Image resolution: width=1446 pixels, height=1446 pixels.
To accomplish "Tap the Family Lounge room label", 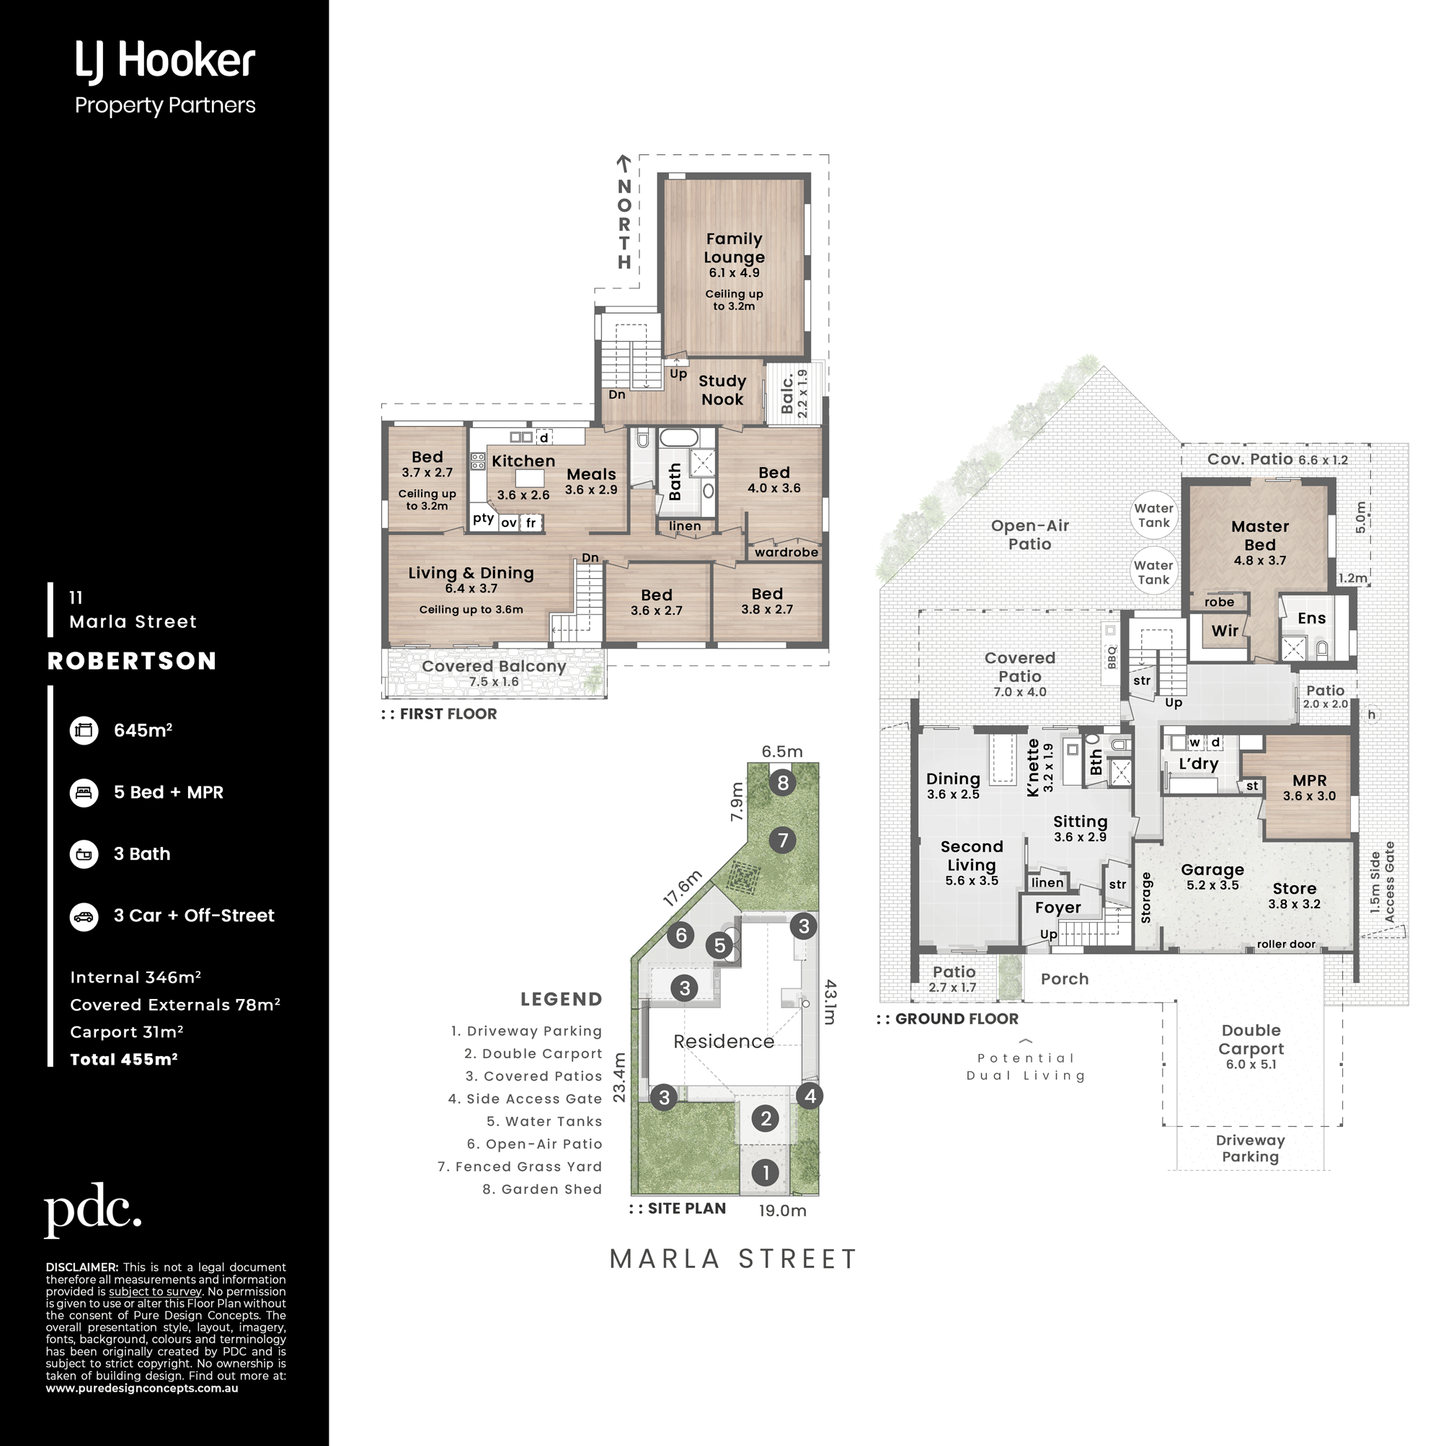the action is (734, 248).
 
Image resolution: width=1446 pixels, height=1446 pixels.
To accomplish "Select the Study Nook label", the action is (722, 390).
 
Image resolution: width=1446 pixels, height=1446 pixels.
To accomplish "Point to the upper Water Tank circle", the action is (1153, 515).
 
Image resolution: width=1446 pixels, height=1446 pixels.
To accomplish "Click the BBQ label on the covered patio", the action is (1112, 657).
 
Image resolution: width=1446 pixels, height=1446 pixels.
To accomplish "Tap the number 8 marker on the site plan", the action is (783, 783).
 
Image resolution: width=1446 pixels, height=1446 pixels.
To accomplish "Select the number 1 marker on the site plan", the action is (765, 1173).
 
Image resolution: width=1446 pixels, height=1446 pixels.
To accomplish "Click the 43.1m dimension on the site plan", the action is (829, 1002).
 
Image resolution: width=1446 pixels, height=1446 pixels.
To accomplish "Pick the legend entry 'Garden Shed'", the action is (542, 1189).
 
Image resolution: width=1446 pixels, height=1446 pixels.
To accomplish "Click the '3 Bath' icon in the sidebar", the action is (84, 854).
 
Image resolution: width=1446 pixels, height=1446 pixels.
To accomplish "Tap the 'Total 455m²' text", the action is (123, 1059).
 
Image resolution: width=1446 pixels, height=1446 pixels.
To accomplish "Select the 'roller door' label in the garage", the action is (1286, 944).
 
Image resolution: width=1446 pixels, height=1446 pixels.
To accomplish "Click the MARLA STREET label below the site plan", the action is (732, 1259).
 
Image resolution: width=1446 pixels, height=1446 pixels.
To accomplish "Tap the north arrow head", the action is (624, 159).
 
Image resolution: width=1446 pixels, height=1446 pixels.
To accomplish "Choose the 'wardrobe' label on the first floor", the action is (786, 552).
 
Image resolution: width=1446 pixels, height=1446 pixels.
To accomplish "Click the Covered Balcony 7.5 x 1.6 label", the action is (494, 673).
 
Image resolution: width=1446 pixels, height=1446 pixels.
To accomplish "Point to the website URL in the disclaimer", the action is (142, 1388).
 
